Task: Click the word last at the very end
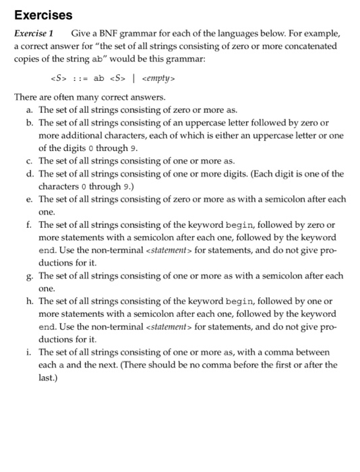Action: [47, 378]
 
